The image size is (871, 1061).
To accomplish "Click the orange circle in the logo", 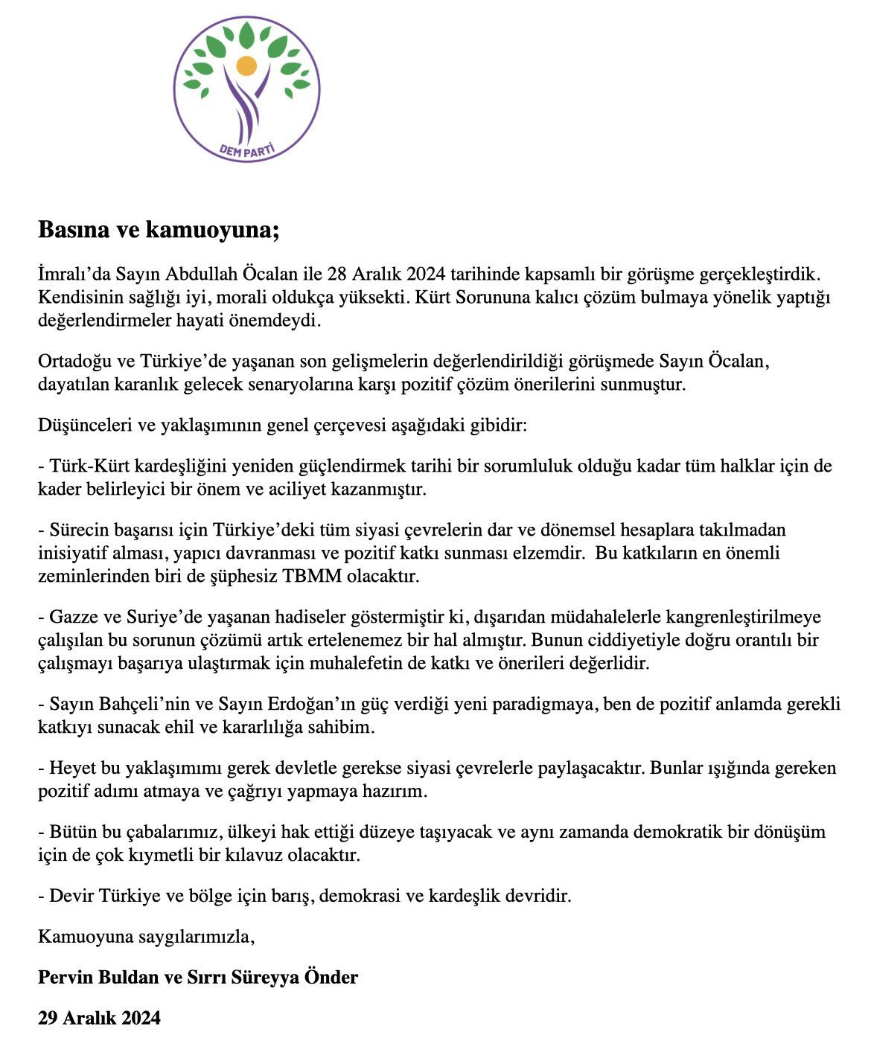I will (x=246, y=65).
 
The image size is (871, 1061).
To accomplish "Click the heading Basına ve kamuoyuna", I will (x=159, y=231).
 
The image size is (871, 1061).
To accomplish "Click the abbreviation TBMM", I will (x=311, y=577).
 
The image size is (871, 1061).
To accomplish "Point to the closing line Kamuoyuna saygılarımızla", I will (x=146, y=936).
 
